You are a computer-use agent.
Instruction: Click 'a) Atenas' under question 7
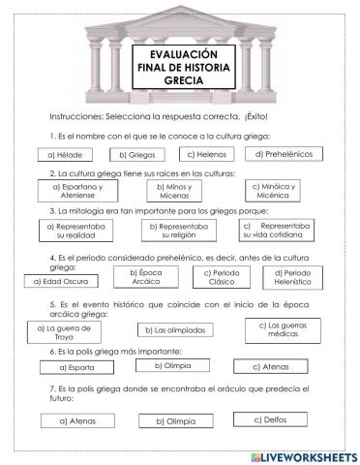pyautogui.click(x=75, y=420)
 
